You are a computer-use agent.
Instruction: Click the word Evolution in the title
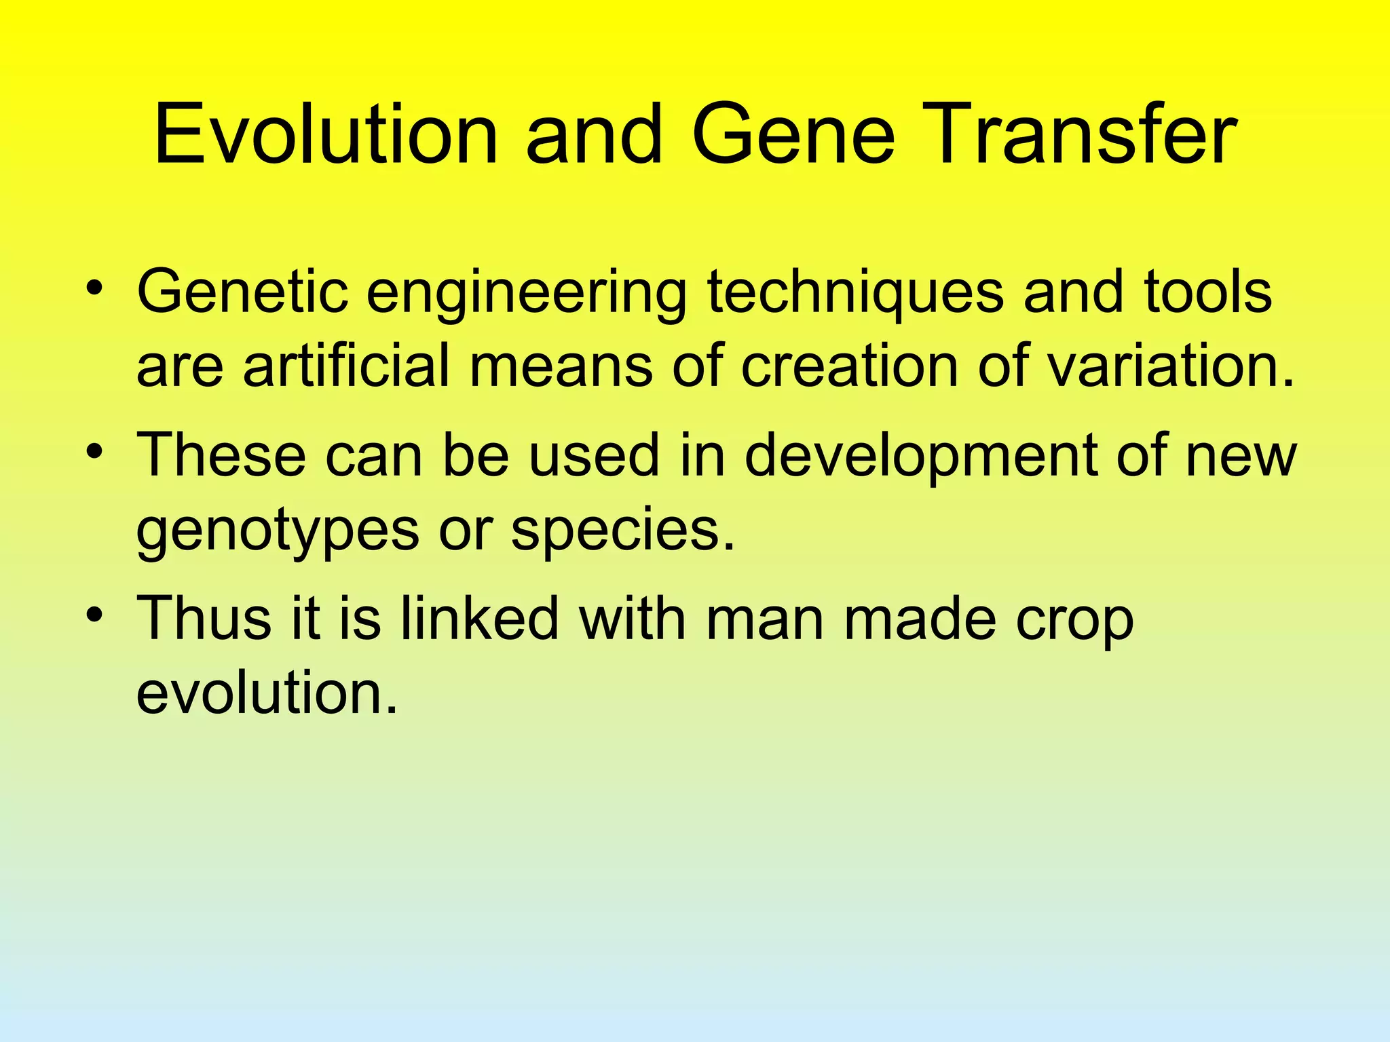326,134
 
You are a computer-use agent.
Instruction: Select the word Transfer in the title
1079,134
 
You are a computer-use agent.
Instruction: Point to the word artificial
346,366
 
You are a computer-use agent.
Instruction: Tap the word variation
1170,366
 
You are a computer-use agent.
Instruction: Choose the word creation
848,366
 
